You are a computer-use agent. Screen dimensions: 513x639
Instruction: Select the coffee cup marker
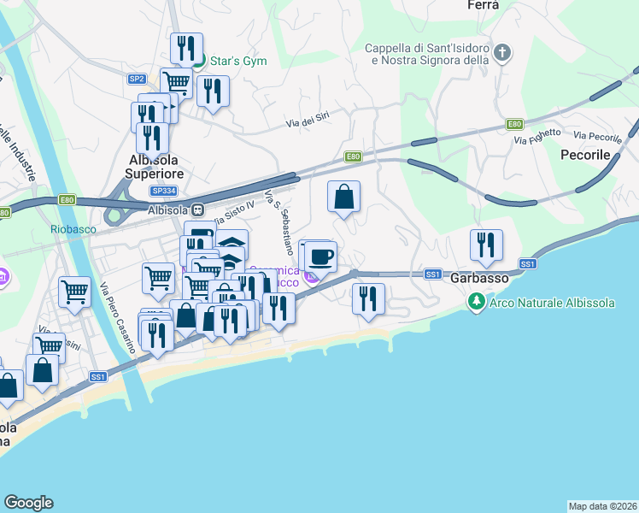(321, 256)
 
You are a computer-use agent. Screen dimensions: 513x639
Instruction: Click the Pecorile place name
(585, 156)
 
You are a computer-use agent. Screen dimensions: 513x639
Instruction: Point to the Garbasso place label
(480, 278)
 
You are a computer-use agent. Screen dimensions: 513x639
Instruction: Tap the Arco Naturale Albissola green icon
(474, 302)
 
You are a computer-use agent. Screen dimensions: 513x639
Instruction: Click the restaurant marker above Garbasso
(486, 245)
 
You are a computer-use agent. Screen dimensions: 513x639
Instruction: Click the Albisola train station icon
(197, 209)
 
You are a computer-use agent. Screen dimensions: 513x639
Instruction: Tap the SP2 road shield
(137, 79)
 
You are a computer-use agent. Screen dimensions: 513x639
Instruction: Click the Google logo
(28, 503)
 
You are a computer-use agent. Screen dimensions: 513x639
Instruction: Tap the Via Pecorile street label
(597, 136)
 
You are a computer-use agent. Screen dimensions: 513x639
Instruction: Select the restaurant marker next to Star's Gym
(185, 49)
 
